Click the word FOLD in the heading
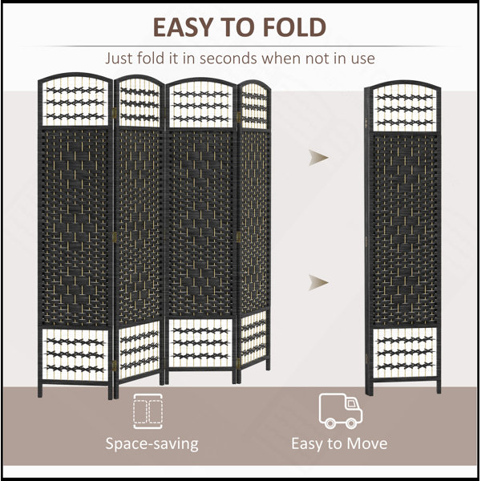click(294, 27)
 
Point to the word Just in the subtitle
click(119, 59)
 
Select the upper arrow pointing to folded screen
click(318, 158)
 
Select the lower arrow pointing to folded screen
click(318, 282)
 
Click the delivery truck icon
click(341, 410)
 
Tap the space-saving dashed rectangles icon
click(148, 411)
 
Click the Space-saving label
click(152, 444)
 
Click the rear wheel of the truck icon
click(330, 423)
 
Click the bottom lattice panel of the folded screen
click(405, 353)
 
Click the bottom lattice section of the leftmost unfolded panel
click(75, 354)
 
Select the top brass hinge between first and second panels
click(115, 113)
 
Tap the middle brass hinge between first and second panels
click(115, 237)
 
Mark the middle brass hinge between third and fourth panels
click(238, 236)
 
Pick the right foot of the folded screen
click(439, 387)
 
